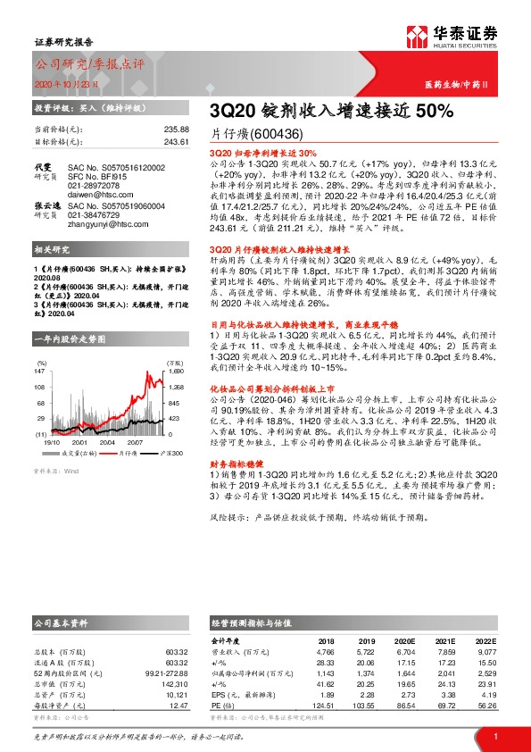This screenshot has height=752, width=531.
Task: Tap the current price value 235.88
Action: pos(177,130)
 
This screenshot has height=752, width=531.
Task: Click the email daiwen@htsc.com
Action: pos(96,193)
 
